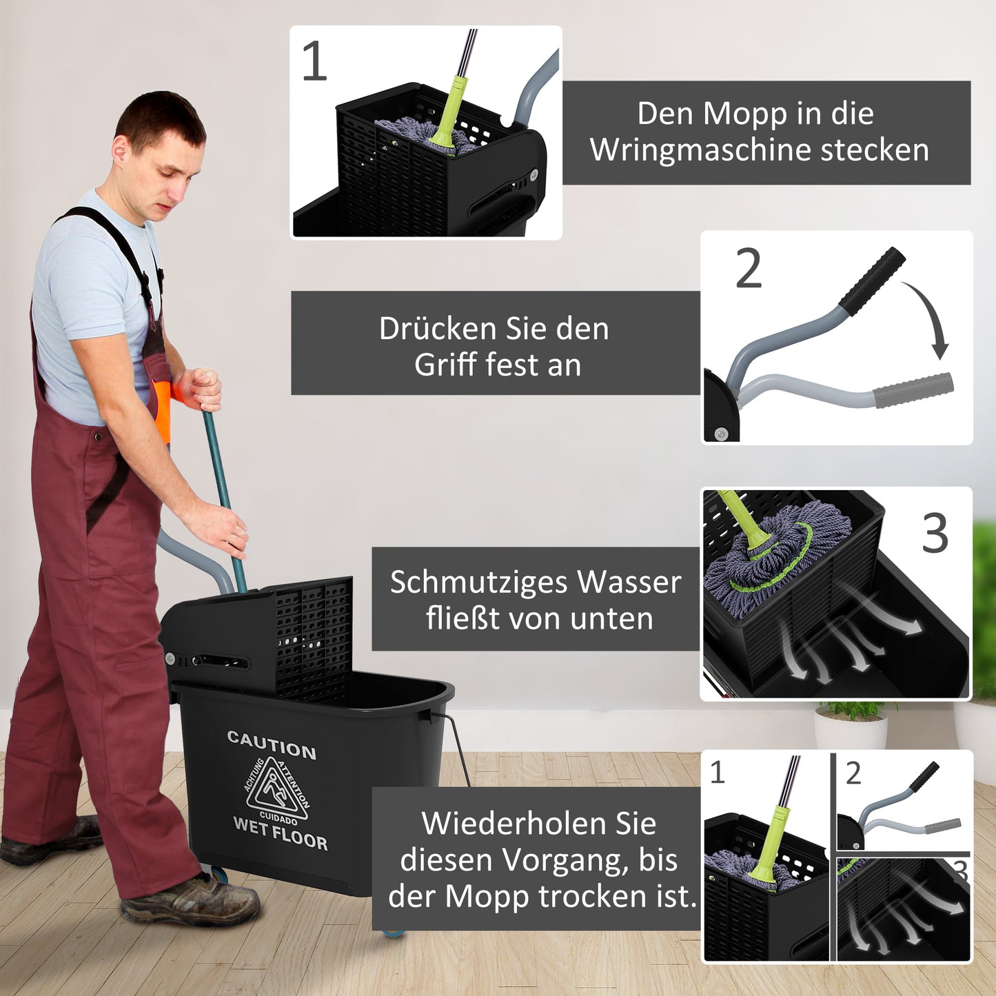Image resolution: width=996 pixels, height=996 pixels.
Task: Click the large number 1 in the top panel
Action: [314, 62]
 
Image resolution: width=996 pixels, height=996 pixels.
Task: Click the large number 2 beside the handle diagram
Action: [749, 269]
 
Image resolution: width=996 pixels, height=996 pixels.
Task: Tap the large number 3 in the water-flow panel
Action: [935, 533]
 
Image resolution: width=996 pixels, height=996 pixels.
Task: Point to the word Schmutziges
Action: [480, 582]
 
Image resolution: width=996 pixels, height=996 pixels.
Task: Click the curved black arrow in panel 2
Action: [930, 317]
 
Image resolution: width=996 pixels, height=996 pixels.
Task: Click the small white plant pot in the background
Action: [851, 731]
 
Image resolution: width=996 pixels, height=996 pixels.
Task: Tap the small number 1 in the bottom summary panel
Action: [718, 773]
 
